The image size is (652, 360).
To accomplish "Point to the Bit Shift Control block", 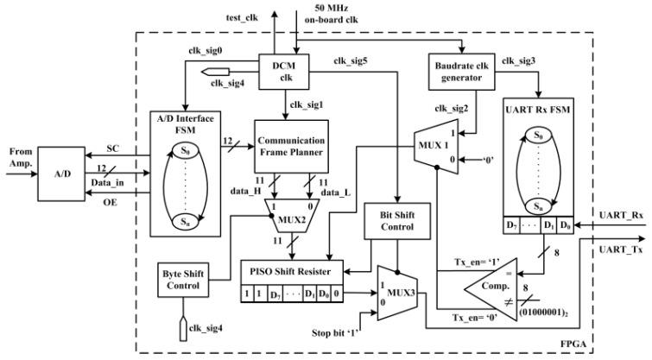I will pyautogui.click(x=393, y=223).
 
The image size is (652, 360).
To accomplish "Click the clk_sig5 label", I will pyautogui.click(x=350, y=61).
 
